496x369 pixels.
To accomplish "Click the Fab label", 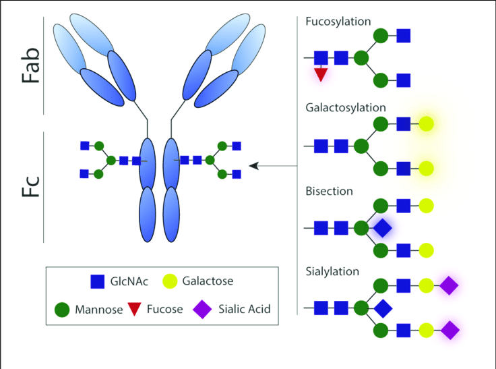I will tap(26, 65).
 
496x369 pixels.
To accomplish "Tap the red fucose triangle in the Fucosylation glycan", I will tap(321, 74).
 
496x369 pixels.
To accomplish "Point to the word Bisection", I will tap(329, 191).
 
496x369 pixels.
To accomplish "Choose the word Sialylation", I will tap(332, 271).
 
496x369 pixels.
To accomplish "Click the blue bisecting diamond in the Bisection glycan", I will tap(382, 227).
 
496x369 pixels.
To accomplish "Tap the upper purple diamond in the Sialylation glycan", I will tap(449, 286).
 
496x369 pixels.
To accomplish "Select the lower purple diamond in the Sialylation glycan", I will tap(449, 331).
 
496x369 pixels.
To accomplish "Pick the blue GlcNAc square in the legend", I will tap(97, 281).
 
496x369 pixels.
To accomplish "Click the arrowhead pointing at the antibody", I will tap(253, 165).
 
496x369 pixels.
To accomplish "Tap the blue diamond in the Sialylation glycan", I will tap(382, 309).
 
